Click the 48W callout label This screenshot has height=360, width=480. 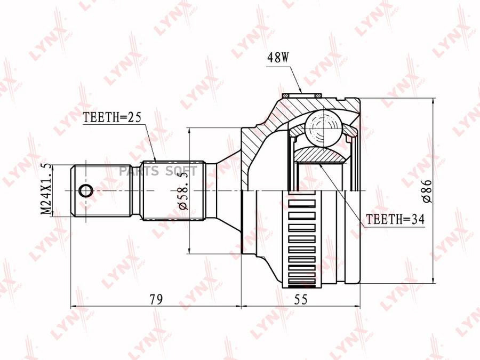click(x=278, y=57)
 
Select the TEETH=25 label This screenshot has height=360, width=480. click(x=113, y=117)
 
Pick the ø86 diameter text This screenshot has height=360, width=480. click(x=427, y=191)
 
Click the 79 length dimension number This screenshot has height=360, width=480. click(x=156, y=299)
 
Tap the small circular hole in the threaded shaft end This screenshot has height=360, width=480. click(x=85, y=191)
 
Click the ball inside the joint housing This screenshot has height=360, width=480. click(x=323, y=127)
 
